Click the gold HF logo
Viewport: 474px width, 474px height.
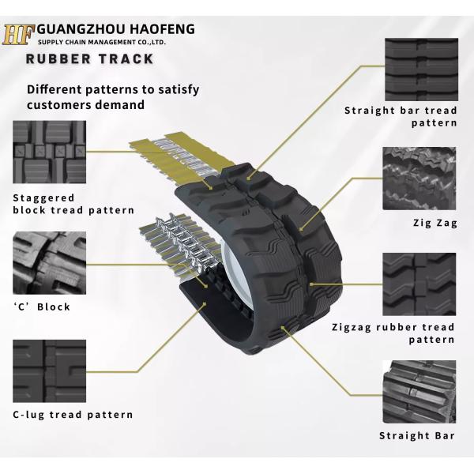tap(18, 35)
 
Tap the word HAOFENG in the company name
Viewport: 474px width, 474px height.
tap(162, 29)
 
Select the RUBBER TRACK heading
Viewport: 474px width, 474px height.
tap(90, 58)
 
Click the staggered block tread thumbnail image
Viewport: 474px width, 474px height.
tap(49, 152)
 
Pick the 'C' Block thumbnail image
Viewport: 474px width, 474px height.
tap(49, 263)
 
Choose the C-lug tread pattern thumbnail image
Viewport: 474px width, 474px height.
tap(49, 371)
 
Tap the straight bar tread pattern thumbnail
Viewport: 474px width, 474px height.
tap(421, 70)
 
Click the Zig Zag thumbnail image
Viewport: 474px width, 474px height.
tap(419, 179)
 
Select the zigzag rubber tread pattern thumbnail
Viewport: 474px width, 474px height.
tap(419, 284)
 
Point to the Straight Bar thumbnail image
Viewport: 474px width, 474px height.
tap(419, 392)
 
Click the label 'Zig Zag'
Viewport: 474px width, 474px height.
tap(435, 223)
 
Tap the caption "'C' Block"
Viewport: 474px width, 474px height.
tap(42, 307)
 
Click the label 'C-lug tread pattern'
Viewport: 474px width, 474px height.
tap(73, 415)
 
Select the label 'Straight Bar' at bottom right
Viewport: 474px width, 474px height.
tap(417, 435)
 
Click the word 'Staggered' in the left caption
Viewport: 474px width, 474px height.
tap(43, 198)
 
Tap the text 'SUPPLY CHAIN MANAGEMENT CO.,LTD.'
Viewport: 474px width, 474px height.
tap(102, 42)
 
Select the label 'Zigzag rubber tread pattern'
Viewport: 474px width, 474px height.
tap(393, 333)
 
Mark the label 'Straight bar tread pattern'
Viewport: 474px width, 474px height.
tap(401, 117)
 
